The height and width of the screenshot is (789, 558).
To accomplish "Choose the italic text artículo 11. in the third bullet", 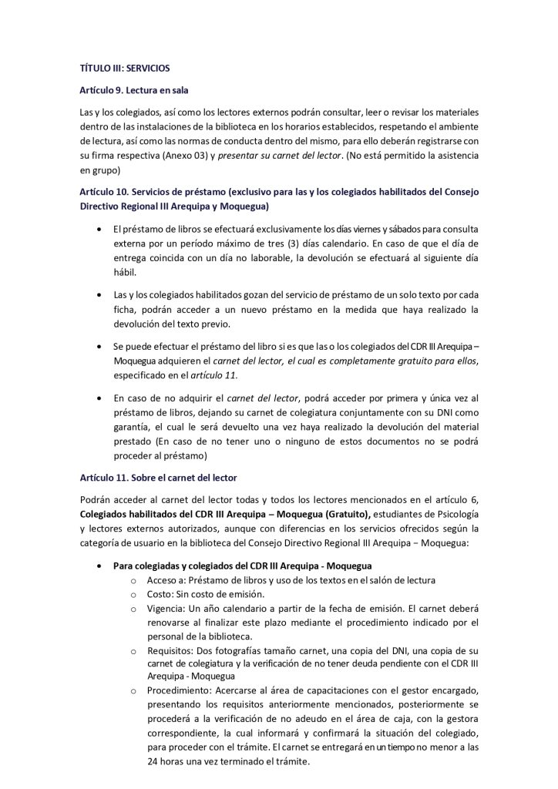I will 215,375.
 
